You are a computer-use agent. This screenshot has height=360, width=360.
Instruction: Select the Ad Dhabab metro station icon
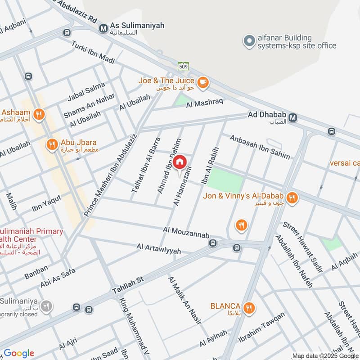tap(293, 117)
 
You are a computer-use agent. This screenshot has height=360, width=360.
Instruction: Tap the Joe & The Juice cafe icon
tap(203, 81)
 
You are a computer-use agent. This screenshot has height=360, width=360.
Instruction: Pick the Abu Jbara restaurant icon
tap(52, 144)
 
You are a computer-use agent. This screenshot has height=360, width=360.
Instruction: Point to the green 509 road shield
tap(183, 65)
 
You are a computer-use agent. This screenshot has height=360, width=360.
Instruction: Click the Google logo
tap(19, 353)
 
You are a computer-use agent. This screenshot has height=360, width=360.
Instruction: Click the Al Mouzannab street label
tap(186, 233)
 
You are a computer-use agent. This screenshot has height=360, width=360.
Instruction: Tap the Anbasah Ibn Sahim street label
tap(260, 147)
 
